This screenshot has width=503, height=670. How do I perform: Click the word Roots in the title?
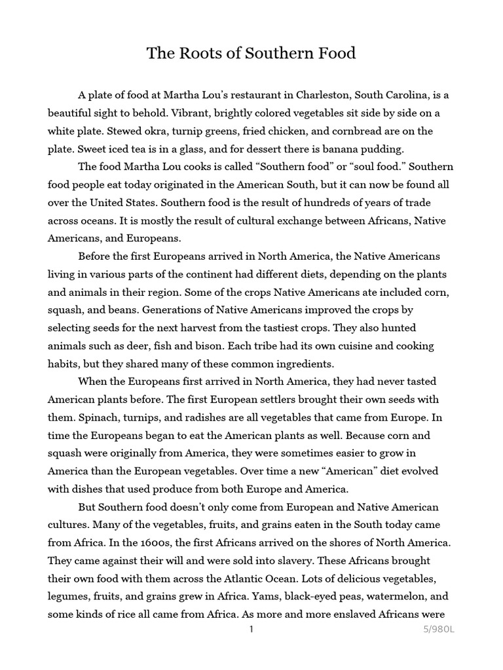(195, 54)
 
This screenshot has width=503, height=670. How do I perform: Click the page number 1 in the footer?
(251, 629)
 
